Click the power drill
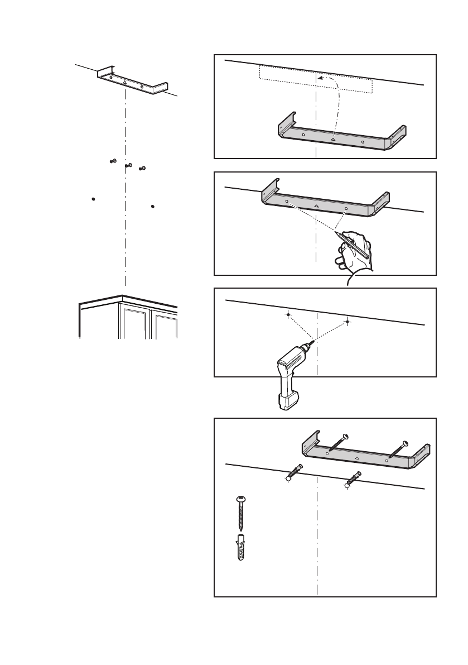coord(287,377)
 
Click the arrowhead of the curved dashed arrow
coord(320,79)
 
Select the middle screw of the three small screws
coord(129,165)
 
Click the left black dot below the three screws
coord(93,198)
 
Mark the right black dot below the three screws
coord(152,206)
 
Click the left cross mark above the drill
coord(287,315)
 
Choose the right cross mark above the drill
coord(347,322)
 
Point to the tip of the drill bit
coord(314,342)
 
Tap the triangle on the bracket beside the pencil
coord(316,205)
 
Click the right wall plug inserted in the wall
coord(353,479)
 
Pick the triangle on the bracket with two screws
coord(357,457)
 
